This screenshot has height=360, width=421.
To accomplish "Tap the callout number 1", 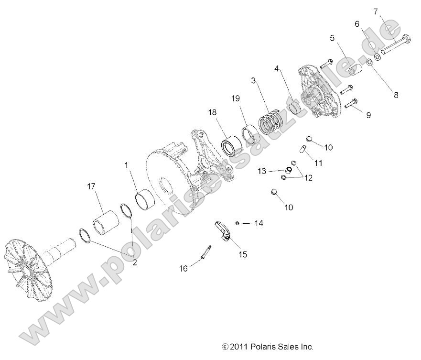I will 126,165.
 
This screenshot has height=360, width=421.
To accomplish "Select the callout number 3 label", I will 254,80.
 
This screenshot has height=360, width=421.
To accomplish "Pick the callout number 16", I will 184,269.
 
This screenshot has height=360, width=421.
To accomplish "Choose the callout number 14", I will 259,223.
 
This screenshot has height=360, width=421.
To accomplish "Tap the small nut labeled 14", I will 237,223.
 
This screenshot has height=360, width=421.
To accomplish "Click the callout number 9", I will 368,115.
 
